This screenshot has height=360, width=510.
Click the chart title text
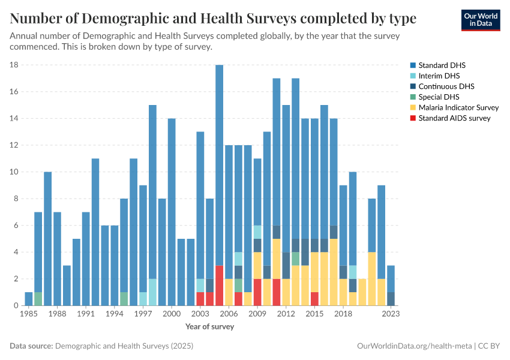(213, 19)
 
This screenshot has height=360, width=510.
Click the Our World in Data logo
(481, 20)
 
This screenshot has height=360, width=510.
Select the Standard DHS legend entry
(442, 65)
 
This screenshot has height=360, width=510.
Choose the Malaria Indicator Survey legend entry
(458, 107)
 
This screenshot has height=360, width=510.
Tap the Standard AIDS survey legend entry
(454, 118)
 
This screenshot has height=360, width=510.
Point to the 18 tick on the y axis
(15, 65)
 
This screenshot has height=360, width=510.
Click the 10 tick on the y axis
(15, 172)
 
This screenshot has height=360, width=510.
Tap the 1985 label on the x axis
(28, 314)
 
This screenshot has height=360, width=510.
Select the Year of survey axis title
(209, 327)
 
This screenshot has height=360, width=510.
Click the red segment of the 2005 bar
(219, 286)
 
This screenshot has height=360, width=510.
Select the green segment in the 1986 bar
(38, 299)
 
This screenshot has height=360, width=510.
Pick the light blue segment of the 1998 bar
(152, 292)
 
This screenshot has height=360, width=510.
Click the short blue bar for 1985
(29, 299)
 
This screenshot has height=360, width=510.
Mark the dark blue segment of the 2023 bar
(391, 299)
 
